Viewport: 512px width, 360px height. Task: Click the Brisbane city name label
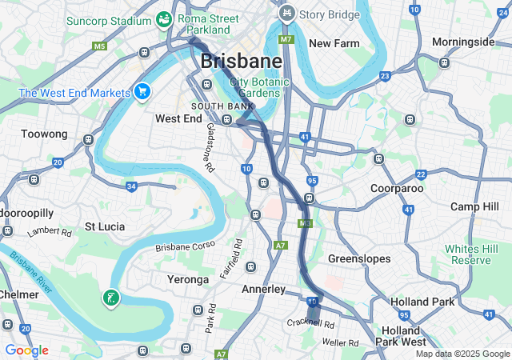click(241, 61)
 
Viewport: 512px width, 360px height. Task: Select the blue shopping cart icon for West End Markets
click(142, 93)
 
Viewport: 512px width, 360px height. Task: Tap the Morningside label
click(463, 42)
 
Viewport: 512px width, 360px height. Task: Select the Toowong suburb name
click(44, 134)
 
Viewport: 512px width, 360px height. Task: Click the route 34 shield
click(131, 186)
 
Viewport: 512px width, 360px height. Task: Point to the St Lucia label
click(105, 226)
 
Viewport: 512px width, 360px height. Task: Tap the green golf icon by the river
click(110, 298)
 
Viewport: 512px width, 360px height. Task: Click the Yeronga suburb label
click(187, 279)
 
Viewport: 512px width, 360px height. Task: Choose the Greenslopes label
click(359, 259)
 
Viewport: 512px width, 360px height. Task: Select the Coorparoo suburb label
click(397, 188)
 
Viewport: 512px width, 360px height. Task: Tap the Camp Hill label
click(474, 206)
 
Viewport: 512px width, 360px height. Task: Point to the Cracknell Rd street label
click(311, 322)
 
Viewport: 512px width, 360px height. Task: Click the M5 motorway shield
click(99, 46)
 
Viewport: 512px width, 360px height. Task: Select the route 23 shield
click(385, 76)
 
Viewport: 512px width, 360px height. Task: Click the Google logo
click(26, 350)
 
